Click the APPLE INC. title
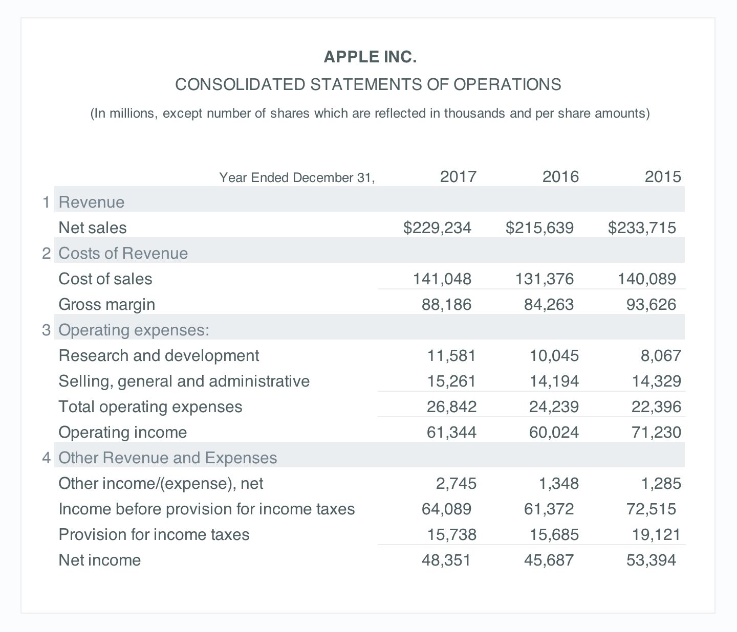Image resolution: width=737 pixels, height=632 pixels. (x=370, y=57)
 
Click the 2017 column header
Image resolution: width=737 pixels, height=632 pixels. (x=458, y=177)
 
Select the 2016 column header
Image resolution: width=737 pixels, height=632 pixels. (x=560, y=177)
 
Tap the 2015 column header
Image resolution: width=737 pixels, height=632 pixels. (x=662, y=177)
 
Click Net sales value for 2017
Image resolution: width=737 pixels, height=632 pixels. (x=437, y=228)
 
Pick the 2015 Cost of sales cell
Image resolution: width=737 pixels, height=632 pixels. (x=646, y=279)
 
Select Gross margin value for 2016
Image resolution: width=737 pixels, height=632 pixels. (x=549, y=304)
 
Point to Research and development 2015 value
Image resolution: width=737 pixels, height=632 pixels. (x=660, y=355)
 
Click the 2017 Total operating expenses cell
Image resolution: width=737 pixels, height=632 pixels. (x=451, y=407)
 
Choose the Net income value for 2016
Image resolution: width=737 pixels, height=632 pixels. (x=549, y=560)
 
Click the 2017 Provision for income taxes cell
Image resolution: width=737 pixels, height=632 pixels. (x=451, y=534)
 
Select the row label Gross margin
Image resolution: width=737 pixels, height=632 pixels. (x=106, y=304)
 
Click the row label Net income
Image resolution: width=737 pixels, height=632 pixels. (x=99, y=560)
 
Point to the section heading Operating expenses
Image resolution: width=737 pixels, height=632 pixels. (x=134, y=330)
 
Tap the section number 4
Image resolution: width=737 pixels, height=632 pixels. (x=47, y=458)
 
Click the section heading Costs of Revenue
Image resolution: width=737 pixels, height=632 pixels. (x=123, y=253)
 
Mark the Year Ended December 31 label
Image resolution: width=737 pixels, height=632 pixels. (x=297, y=177)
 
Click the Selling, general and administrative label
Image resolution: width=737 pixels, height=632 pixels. (x=184, y=381)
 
